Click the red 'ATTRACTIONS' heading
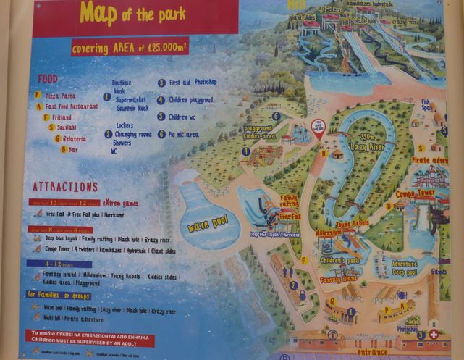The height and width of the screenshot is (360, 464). point(65,187)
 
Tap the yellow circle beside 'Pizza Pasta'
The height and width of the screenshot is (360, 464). point(37,95)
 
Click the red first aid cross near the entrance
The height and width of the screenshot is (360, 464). point(434,335)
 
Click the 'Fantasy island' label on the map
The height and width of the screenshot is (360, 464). point(338,279)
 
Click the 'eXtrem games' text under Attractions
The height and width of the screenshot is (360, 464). point(120,204)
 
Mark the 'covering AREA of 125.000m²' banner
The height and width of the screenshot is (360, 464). point(130,48)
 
